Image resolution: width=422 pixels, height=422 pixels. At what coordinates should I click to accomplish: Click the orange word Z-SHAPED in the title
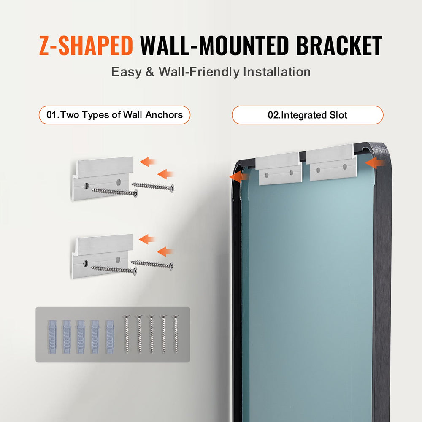pyautogui.click(x=86, y=46)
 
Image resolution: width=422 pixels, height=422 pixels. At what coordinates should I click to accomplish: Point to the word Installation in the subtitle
pyautogui.click(x=276, y=72)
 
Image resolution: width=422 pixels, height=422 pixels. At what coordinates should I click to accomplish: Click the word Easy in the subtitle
pyautogui.click(x=126, y=72)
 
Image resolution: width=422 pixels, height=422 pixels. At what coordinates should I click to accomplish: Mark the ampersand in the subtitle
pyautogui.click(x=150, y=72)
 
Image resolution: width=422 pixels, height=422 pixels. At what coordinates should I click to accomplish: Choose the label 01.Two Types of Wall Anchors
pyautogui.click(x=114, y=115)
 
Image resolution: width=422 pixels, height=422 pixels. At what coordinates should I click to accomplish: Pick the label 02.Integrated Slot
pyautogui.click(x=307, y=115)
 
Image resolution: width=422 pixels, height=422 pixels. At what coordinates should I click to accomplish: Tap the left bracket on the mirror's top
pyautogui.click(x=279, y=169)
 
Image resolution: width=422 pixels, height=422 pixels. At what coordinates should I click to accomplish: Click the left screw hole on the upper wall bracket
pyautogui.click(x=86, y=185)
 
